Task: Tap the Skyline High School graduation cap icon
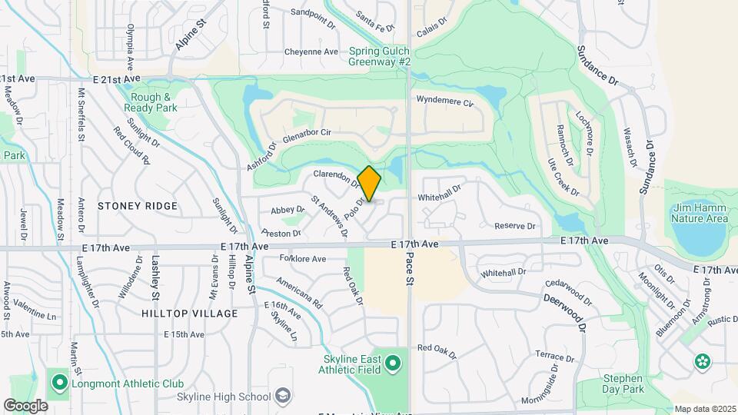[x=284, y=396]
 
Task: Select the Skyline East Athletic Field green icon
[x=394, y=361]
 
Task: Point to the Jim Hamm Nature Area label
[x=699, y=213]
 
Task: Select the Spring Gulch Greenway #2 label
[x=381, y=56]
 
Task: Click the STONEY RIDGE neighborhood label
[x=138, y=206]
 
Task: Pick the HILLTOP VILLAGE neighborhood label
[x=179, y=314]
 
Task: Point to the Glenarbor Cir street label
[x=306, y=132]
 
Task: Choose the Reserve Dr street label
[x=514, y=226]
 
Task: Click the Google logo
[x=25, y=405]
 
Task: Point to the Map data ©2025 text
[x=704, y=409]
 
